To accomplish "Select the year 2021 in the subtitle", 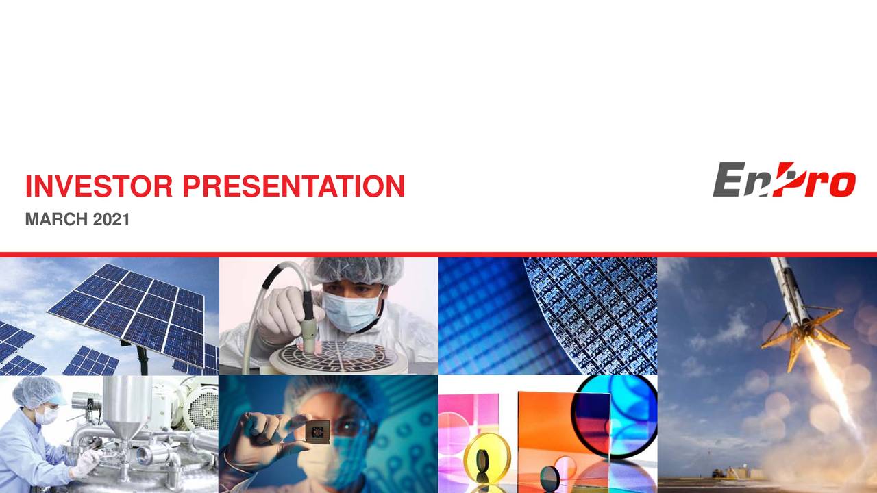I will click(x=111, y=220).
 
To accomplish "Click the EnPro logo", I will click(x=783, y=180).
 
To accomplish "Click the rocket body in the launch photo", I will click(x=788, y=288).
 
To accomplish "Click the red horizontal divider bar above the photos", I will click(x=438, y=255).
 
